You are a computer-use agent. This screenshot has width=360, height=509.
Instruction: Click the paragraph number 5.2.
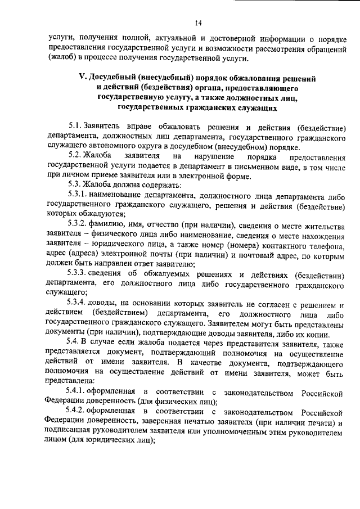pos(75,156)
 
